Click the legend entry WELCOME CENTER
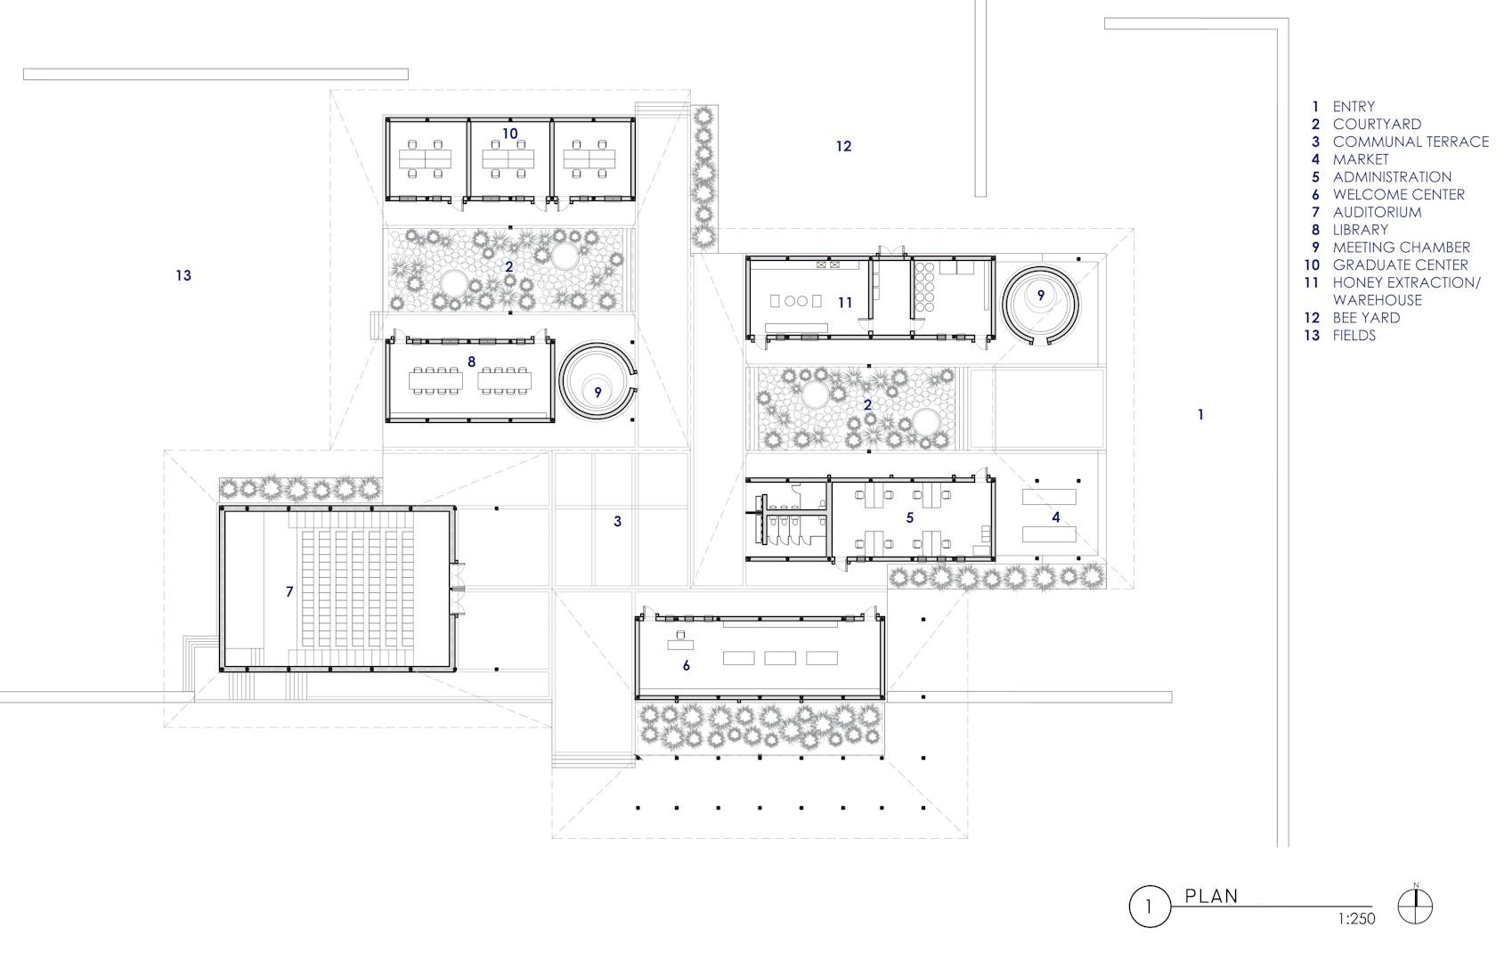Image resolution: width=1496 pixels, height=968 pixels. pos(1398,194)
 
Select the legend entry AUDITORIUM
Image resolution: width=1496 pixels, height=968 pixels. pos(1377,212)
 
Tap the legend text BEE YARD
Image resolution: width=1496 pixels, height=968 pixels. pos(1366,317)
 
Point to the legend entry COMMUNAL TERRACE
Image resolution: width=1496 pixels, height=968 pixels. pos(1411,142)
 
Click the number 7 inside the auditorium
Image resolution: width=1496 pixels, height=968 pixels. pos(289,591)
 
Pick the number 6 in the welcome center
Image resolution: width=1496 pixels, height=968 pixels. pos(686,665)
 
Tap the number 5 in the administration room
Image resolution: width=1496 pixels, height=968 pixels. pos(910,517)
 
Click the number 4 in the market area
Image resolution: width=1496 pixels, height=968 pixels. pos(1056,517)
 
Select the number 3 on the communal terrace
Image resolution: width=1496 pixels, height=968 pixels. pos(618,521)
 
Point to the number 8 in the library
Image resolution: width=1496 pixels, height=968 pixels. pos(472,362)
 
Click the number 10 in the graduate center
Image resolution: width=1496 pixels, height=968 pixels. pos(510,134)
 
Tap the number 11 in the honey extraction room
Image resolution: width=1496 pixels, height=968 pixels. pos(846,303)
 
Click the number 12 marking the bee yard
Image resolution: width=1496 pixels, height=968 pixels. pos(843,146)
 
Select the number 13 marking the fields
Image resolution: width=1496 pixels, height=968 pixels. pos(183,275)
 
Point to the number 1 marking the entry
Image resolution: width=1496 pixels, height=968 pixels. pos(1200,415)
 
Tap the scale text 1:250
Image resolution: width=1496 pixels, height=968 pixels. pos(1356,919)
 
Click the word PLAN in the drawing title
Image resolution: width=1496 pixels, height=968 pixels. pos(1211,896)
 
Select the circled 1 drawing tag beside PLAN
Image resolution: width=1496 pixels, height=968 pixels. pos(1150,907)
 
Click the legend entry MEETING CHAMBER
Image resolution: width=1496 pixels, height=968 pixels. pos(1402,248)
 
